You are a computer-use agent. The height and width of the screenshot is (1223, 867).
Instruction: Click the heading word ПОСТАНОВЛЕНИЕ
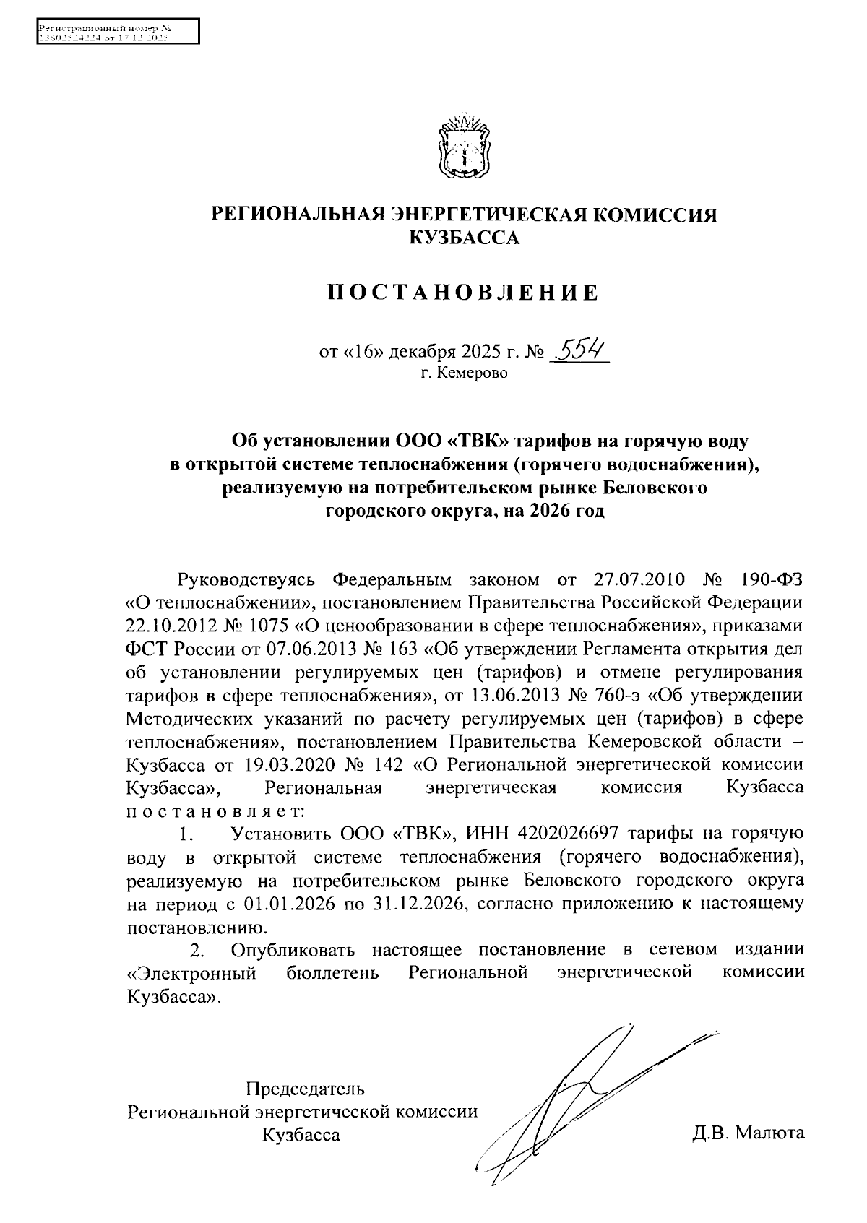click(463, 293)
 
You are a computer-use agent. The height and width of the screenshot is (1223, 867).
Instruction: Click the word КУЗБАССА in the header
click(464, 237)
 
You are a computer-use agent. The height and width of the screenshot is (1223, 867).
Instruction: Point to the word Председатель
click(305, 1089)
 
